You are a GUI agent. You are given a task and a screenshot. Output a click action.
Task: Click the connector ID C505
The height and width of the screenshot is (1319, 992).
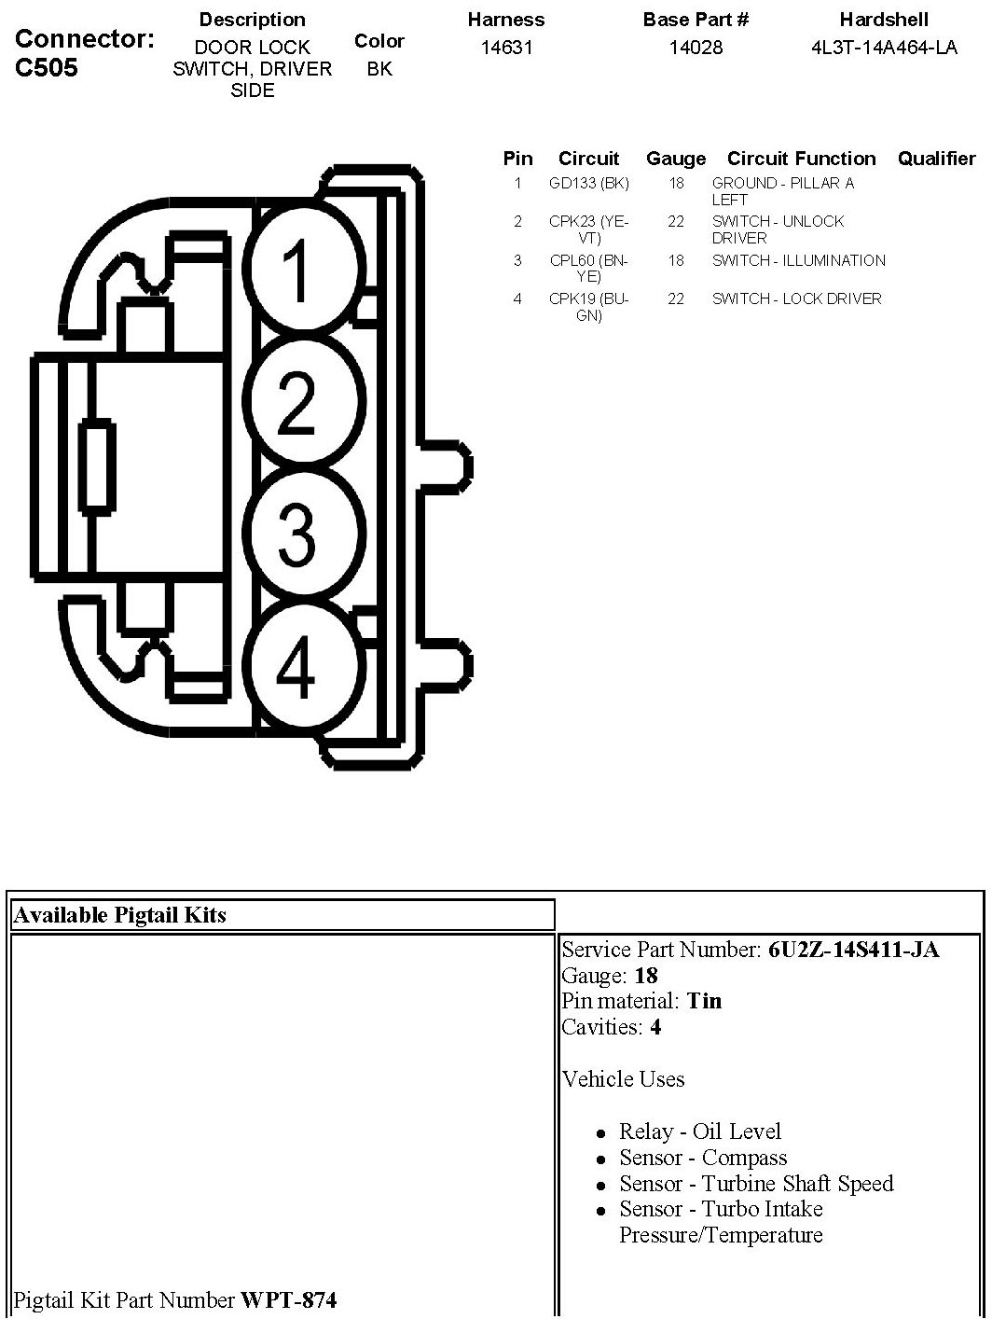[48, 68]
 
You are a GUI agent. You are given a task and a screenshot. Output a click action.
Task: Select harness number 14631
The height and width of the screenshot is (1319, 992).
[506, 48]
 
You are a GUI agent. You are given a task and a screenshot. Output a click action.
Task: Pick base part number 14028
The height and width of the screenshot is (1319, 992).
[696, 48]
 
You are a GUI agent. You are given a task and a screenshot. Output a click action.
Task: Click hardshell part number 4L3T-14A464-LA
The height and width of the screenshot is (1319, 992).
[884, 48]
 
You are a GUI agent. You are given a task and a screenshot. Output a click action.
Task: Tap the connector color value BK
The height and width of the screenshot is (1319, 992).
[379, 69]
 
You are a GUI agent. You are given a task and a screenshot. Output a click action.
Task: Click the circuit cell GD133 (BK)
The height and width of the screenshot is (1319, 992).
[589, 184]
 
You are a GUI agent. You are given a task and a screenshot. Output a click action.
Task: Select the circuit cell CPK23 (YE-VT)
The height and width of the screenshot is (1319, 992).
[589, 229]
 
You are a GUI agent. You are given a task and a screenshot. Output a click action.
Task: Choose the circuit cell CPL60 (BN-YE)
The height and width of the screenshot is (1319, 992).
[589, 269]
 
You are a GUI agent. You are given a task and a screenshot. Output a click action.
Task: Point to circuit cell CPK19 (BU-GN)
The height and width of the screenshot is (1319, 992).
[589, 307]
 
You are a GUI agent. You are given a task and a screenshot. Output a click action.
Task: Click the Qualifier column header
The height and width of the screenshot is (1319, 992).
[936, 159]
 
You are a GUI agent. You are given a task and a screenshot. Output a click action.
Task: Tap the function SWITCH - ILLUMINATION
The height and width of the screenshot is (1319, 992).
[798, 261]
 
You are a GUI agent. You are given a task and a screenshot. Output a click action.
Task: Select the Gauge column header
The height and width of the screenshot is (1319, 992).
[675, 159]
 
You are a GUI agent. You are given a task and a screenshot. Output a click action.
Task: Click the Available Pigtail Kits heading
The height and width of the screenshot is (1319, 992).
[120, 915]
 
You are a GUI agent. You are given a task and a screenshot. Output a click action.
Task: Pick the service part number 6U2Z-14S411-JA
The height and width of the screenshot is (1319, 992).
[853, 950]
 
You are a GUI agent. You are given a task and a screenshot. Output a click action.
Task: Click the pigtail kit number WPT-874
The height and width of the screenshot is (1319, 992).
[289, 1299]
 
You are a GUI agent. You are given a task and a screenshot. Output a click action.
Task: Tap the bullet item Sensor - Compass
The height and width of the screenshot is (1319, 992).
[703, 1158]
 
